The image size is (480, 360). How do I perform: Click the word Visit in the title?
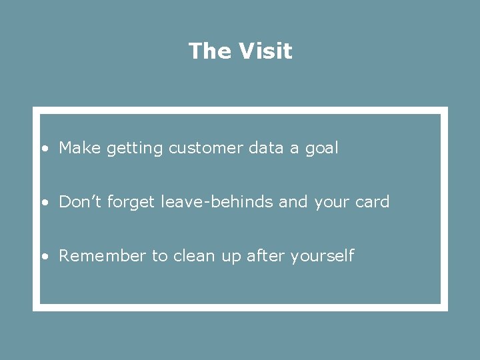pos(265,51)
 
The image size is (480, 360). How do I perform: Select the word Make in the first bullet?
pos(78,148)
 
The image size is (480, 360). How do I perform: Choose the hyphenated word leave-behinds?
pos(217,202)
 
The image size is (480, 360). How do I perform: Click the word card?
pos(371,202)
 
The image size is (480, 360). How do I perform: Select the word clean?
pos(193,256)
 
